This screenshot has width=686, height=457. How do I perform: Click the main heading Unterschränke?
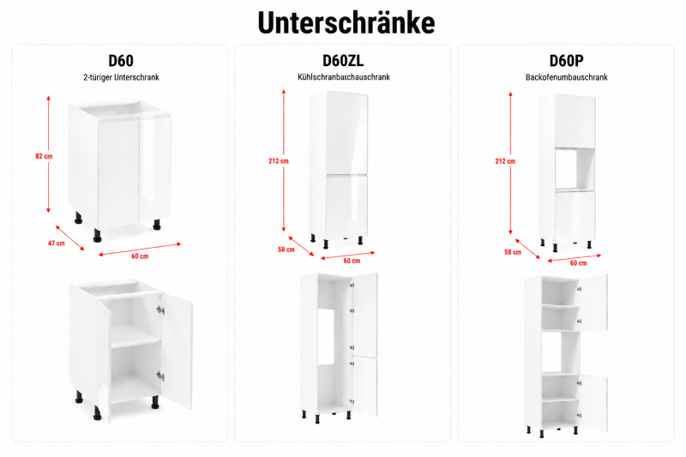pos(346,22)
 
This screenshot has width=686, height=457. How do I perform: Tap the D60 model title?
pos(121,60)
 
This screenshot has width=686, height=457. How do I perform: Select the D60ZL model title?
pos(343,60)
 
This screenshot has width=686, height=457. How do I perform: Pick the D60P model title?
pos(566,60)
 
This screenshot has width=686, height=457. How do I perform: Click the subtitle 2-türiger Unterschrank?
pos(121,77)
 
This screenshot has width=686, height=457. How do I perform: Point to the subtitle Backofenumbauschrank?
pos(567,77)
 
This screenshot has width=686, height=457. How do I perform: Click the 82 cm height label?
pos(44,156)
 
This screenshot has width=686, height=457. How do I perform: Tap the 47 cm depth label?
pos(56,244)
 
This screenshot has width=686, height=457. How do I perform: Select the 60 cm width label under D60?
pos(140,256)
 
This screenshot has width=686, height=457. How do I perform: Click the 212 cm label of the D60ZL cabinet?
pos(279,161)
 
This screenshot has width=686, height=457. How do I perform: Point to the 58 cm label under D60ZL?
pos(286,250)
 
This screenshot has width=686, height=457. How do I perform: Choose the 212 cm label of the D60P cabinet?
pos(505,161)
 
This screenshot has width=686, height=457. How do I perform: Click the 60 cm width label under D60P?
pos(578,263)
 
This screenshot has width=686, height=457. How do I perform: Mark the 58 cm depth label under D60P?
pos(513,252)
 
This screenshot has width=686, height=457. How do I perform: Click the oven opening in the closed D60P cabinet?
pos(575,170)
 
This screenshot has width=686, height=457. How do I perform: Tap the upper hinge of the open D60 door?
pos(160,310)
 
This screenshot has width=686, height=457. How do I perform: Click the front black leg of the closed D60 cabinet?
pos(97,235)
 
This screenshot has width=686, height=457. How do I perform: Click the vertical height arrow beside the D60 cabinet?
pos(49,154)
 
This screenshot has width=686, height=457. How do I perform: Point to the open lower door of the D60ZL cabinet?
pos(365,387)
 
